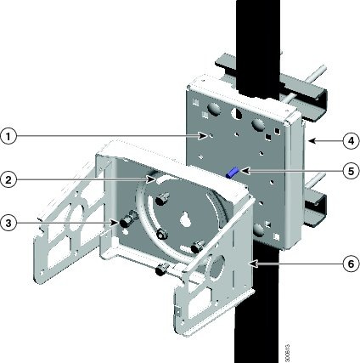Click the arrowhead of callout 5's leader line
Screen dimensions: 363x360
(241, 171)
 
